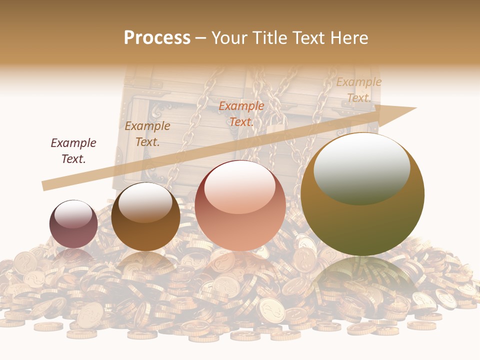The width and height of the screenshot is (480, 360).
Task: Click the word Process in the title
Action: (157, 38)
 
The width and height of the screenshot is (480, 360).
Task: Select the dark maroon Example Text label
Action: (73, 150)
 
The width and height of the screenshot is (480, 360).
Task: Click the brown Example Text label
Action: (147, 133)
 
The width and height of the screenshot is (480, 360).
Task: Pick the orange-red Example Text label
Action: (241, 113)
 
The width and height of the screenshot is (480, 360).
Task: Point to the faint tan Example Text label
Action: (358, 90)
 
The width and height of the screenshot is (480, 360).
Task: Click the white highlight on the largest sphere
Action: (361, 167)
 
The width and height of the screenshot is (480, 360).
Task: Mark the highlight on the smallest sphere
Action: (73, 214)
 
